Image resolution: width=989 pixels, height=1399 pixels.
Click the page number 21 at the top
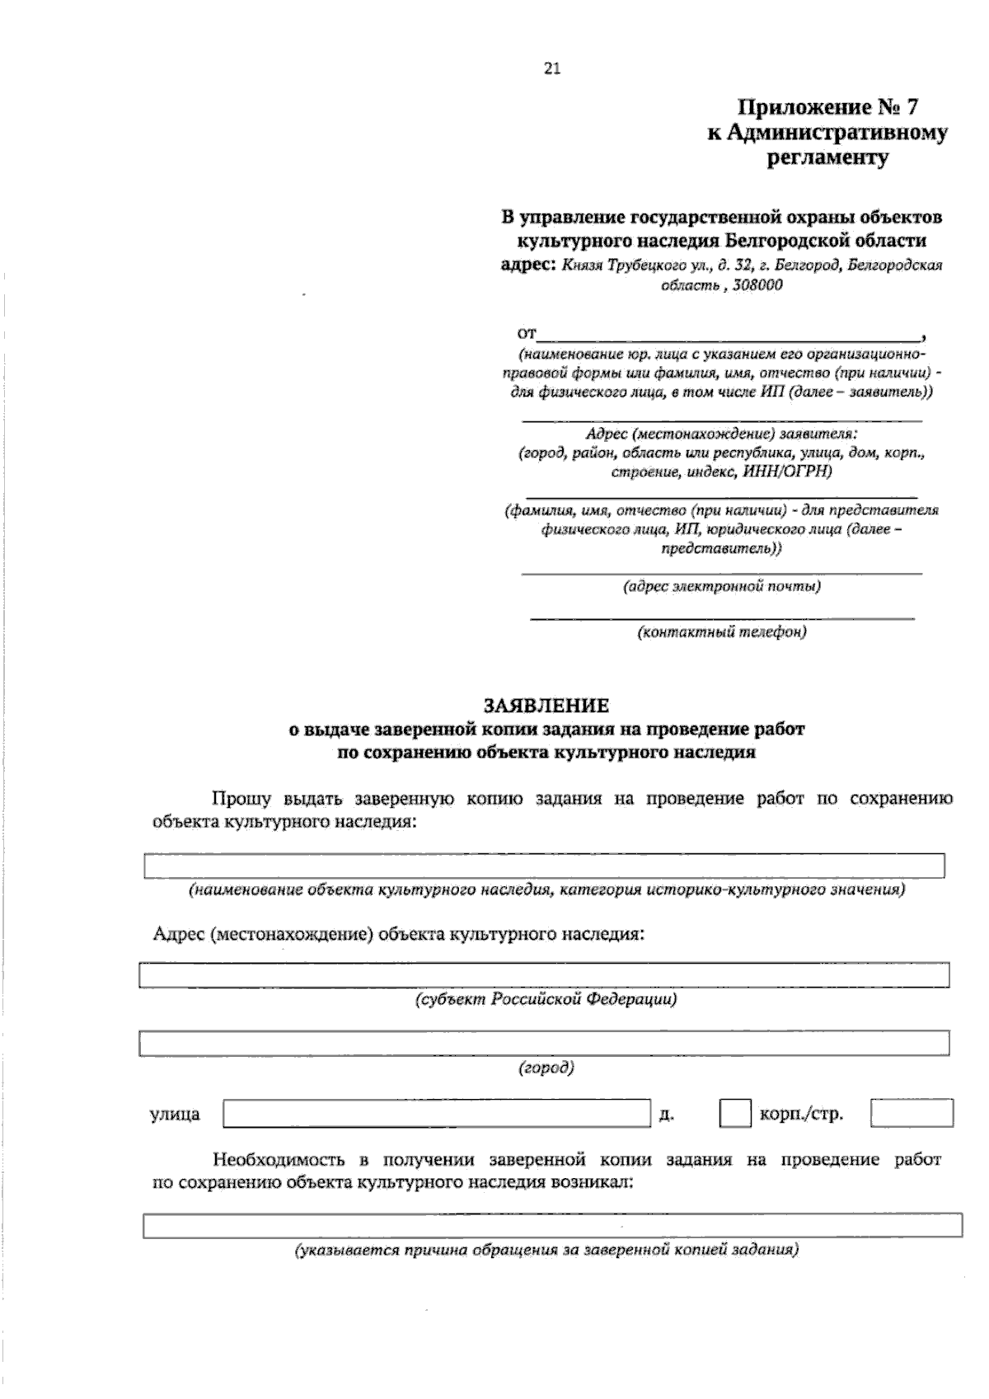(x=552, y=69)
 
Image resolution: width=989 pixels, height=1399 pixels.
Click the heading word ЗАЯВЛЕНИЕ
(x=546, y=706)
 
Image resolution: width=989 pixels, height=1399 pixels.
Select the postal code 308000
(x=757, y=285)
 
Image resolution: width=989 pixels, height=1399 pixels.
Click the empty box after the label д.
(x=734, y=1114)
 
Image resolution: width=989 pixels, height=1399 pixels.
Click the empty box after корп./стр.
(x=912, y=1114)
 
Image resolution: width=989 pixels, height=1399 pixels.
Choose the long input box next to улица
(x=437, y=1114)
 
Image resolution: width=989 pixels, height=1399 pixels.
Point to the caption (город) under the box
(x=546, y=1068)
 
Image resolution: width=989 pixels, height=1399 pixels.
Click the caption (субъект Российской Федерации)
(x=546, y=999)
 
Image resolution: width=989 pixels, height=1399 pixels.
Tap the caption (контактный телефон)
(x=722, y=632)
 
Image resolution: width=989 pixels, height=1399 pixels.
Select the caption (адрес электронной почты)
(x=722, y=587)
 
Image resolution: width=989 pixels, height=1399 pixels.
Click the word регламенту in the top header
(x=827, y=158)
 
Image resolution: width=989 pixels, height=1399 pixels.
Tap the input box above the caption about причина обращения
(x=552, y=1226)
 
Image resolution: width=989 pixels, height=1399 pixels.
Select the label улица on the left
(x=175, y=1115)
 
